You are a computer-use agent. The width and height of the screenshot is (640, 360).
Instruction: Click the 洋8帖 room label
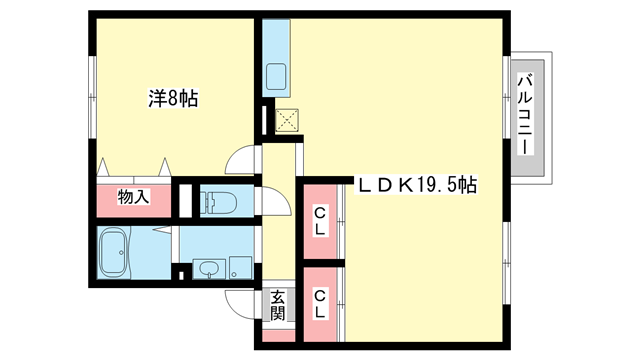click(173, 98)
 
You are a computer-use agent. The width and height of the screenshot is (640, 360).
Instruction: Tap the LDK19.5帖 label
click(417, 186)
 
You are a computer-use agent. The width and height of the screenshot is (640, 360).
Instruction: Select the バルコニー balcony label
click(523, 113)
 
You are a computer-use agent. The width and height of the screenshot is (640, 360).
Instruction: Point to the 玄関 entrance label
click(277, 304)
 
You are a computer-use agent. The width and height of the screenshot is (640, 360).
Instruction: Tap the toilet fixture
click(218, 203)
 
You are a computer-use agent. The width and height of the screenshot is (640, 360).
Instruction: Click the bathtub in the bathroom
click(116, 254)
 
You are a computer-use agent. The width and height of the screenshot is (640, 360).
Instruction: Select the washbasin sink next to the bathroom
click(208, 268)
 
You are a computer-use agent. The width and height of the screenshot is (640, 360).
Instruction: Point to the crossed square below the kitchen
click(286, 120)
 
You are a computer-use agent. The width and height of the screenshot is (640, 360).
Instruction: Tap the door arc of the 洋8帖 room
click(240, 160)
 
